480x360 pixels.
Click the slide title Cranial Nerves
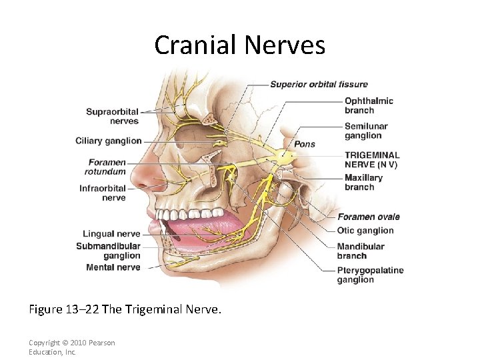point(239,45)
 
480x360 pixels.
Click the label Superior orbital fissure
point(319,85)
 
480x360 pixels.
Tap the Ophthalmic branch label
point(369,105)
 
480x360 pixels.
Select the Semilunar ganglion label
point(366,131)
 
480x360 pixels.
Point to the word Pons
point(305,144)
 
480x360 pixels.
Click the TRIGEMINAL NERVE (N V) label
point(371,159)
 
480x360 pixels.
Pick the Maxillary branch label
point(363,182)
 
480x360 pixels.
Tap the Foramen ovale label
point(369,217)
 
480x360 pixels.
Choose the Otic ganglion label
point(365,231)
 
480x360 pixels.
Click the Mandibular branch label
point(361,251)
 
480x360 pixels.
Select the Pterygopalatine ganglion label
point(370,275)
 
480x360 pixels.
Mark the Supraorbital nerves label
point(113,116)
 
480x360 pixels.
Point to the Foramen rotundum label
point(107,167)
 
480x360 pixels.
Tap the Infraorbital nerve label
point(103,193)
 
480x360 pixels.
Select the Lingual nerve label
point(111,234)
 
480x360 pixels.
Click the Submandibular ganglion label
point(108,251)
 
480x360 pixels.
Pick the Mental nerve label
point(113,267)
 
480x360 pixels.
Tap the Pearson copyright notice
point(72,347)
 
